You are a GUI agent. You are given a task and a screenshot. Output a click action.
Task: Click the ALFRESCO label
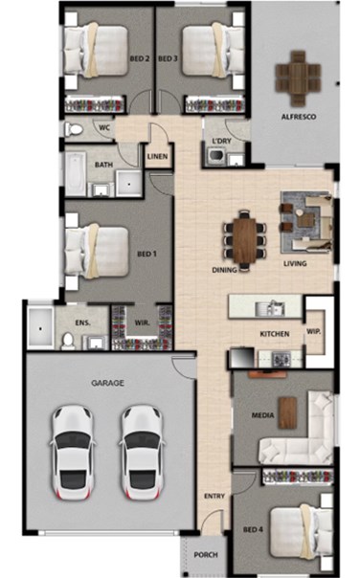point(299,117)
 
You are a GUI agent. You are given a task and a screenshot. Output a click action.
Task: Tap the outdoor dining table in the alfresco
point(298,78)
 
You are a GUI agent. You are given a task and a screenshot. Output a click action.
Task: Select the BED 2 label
point(140,58)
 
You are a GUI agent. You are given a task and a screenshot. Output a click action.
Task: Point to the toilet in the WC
point(74,129)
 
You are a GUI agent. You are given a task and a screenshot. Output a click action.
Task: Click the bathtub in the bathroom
point(76,173)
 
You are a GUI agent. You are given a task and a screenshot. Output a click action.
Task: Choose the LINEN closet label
point(157,156)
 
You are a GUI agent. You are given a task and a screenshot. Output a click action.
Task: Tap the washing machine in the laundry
point(215,156)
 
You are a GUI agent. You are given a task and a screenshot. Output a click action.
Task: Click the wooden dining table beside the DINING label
point(244,240)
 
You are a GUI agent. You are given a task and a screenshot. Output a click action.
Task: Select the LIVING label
point(295,263)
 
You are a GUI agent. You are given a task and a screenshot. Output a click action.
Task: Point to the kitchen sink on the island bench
point(270,308)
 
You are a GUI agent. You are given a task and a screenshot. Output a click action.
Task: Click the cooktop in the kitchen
point(281,359)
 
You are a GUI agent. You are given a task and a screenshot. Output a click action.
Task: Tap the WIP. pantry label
point(313,331)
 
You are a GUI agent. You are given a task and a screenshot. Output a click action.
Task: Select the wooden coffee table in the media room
point(287,412)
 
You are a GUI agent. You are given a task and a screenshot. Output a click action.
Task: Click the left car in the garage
point(73,453)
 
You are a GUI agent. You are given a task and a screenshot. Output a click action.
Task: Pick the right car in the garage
point(142,453)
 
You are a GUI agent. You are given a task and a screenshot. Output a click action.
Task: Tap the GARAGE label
point(107,383)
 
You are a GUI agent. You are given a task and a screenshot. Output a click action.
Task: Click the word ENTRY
point(214,496)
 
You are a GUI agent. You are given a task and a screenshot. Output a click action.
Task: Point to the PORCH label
point(206,555)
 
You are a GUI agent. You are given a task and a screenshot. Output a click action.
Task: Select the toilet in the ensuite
point(68,341)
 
